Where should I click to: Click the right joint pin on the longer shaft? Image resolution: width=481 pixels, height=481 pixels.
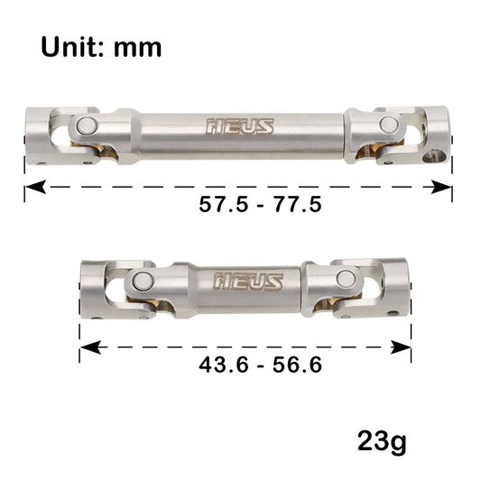(388, 125)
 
